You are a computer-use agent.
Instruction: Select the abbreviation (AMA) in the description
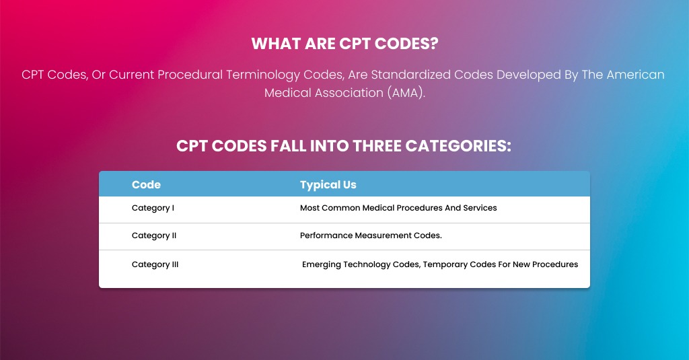click(x=406, y=93)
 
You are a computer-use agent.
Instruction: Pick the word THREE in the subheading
click(x=377, y=146)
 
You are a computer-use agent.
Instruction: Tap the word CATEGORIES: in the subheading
click(x=458, y=146)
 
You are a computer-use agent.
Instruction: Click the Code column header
click(x=146, y=184)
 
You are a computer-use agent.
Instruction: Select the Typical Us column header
click(x=328, y=184)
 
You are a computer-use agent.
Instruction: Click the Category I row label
click(x=153, y=208)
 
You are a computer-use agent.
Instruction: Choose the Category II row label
click(x=154, y=236)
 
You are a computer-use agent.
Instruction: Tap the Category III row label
click(x=155, y=264)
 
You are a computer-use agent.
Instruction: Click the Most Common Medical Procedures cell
click(x=398, y=208)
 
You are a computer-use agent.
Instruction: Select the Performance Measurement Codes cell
click(x=371, y=236)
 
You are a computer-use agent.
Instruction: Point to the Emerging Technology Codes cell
click(x=440, y=264)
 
